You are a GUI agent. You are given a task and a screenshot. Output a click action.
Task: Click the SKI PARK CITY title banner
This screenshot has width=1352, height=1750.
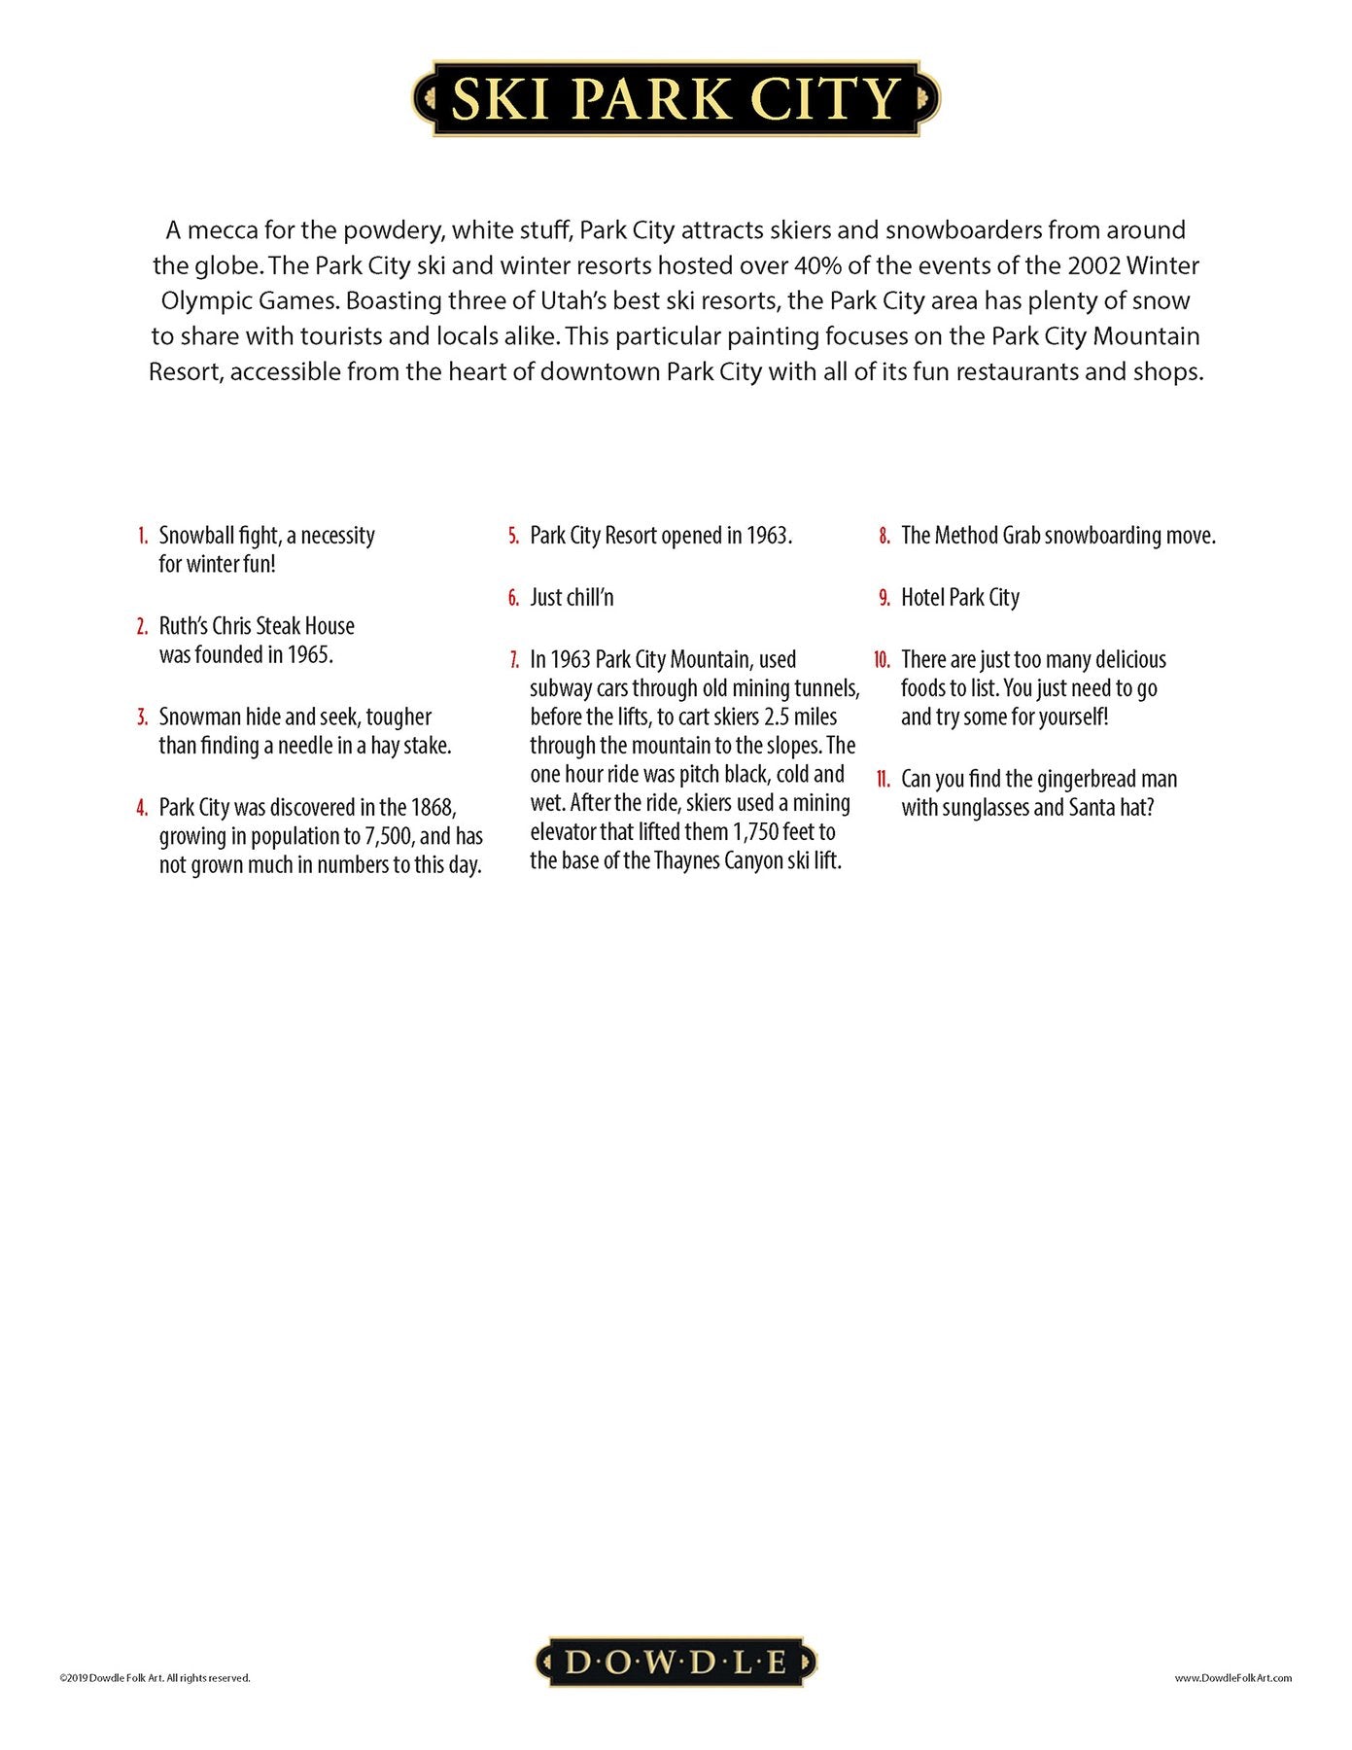(x=676, y=98)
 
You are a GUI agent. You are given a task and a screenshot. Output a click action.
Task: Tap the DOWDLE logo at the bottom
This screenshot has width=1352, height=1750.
(x=676, y=1662)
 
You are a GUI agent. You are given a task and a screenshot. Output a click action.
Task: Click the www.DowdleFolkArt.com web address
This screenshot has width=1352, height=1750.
(x=1232, y=1677)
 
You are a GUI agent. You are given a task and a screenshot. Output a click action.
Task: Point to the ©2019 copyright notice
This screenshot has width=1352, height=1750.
(x=155, y=1677)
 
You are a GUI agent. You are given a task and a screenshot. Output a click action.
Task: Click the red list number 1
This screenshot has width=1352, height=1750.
(x=143, y=536)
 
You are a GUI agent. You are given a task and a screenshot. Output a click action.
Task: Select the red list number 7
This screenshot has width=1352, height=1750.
(x=514, y=660)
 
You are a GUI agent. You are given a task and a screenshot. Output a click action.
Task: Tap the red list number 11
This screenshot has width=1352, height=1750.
(x=883, y=780)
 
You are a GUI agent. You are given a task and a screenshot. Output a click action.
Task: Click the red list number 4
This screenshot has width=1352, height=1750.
(x=142, y=808)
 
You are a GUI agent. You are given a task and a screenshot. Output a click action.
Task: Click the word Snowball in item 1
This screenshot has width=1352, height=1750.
(x=199, y=536)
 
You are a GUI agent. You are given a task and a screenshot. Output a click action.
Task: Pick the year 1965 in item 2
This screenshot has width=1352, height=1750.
(x=310, y=655)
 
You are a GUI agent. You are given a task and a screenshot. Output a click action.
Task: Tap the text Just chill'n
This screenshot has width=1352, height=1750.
(x=572, y=598)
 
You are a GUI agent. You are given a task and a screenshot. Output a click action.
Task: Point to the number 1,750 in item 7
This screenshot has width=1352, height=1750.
(x=757, y=832)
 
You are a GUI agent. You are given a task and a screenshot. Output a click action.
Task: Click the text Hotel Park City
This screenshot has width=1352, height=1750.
(x=959, y=598)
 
